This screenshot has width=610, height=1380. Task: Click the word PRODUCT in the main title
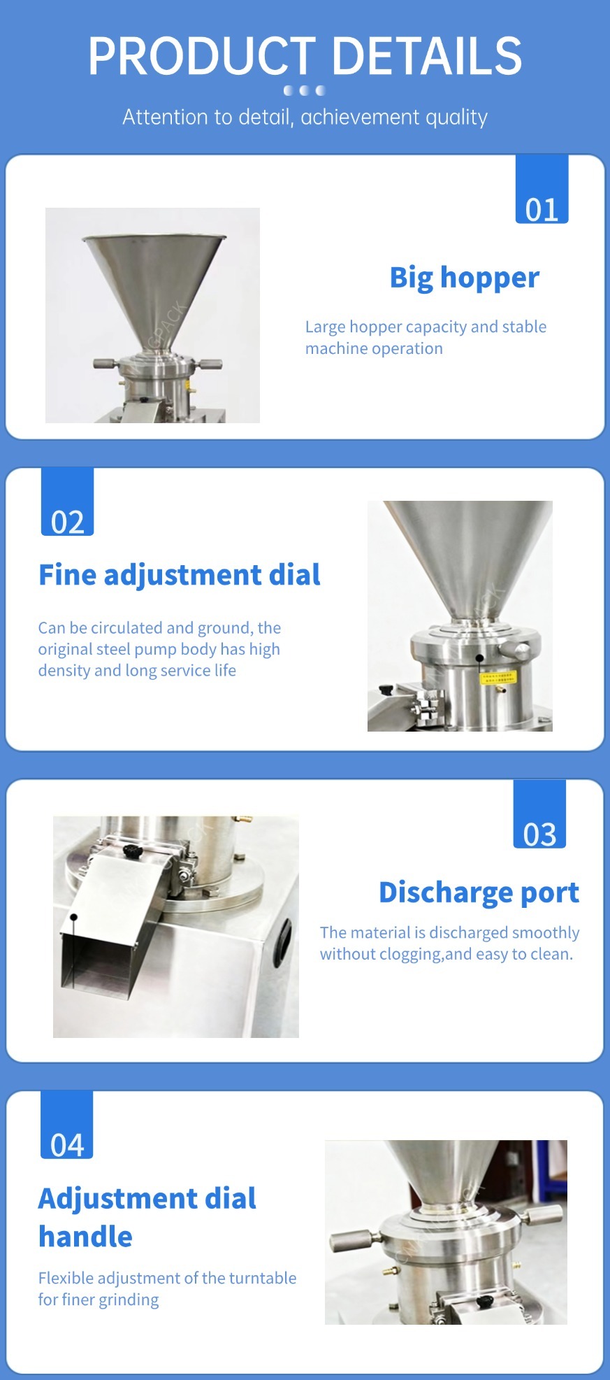[x=202, y=56]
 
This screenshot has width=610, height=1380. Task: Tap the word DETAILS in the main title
[x=427, y=56]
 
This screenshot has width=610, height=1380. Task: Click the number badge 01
[x=542, y=189]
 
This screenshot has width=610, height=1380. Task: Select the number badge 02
[x=67, y=502]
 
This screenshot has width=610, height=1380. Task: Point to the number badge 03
[x=539, y=814]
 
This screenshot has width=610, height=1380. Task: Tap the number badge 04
[x=66, y=1125]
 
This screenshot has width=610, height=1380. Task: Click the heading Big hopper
[x=465, y=278]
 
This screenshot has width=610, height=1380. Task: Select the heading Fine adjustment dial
[x=180, y=575]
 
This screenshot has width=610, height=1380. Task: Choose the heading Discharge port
[x=479, y=892]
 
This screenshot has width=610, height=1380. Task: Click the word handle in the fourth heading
[x=85, y=1237]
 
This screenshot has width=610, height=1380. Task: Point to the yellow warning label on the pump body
[x=497, y=678]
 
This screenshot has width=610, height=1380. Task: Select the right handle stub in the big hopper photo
[x=209, y=364]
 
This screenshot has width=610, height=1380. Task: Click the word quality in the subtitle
[x=456, y=118]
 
